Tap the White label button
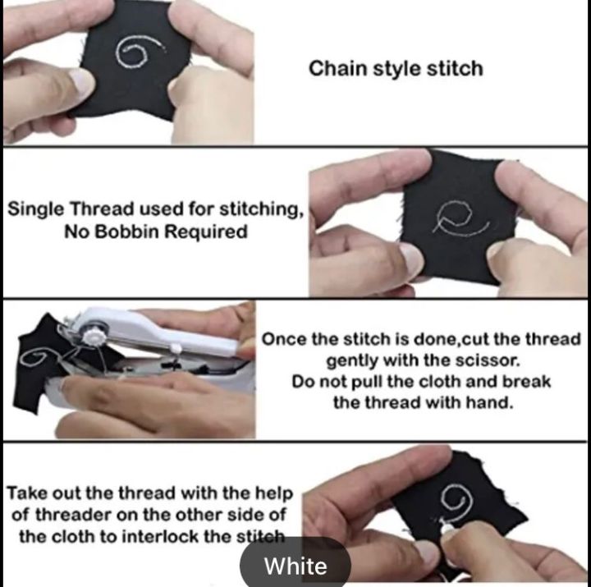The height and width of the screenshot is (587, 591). pos(295,566)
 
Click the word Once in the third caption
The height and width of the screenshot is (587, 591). pos(283,339)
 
